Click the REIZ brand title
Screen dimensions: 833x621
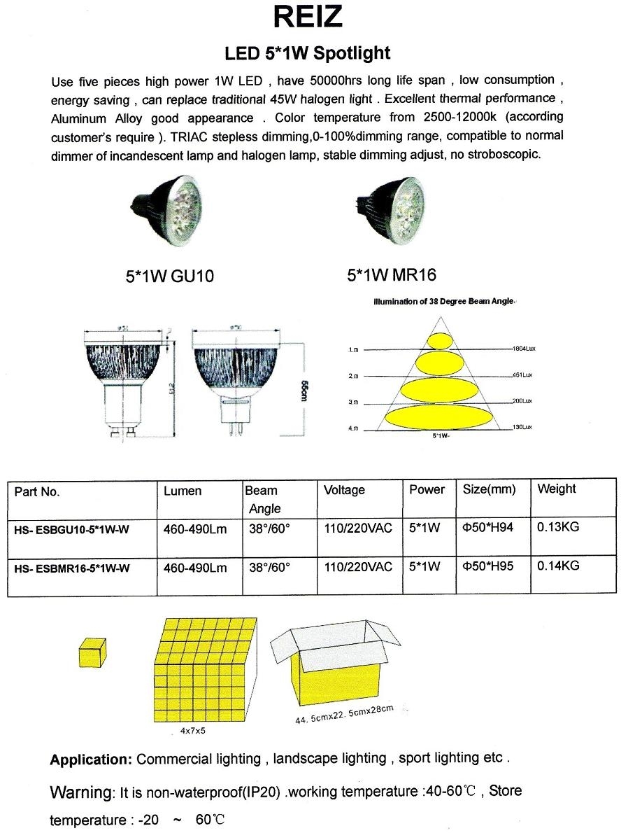point(308,17)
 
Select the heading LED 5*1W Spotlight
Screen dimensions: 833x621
point(307,52)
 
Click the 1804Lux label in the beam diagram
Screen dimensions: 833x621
point(523,348)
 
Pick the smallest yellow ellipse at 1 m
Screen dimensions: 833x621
point(440,341)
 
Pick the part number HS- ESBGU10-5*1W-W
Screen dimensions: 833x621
point(71,530)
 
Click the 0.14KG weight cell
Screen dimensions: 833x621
point(557,565)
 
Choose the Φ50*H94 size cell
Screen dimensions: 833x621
point(487,527)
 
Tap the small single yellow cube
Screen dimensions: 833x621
point(92,652)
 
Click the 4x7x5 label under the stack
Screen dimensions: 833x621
point(193,731)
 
